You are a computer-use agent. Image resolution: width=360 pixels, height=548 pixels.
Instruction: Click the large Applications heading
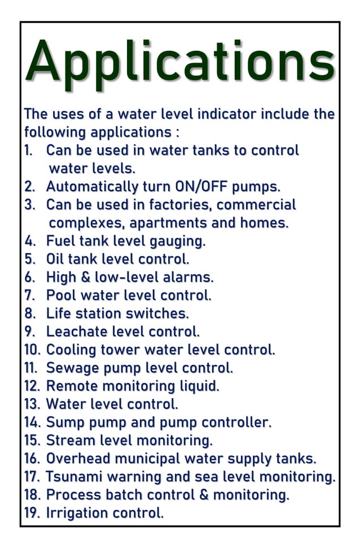(x=179, y=62)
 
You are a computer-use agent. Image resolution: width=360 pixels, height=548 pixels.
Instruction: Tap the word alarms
(x=190, y=277)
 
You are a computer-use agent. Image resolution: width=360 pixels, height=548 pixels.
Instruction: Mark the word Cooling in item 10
(x=71, y=350)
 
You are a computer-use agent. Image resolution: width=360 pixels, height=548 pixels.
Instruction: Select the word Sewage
(x=71, y=368)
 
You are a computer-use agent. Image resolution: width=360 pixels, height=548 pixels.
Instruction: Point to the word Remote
(x=70, y=386)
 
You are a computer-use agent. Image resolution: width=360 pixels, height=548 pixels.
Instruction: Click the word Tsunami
(x=72, y=476)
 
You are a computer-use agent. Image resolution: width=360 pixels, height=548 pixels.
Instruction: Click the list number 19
(x=32, y=513)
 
